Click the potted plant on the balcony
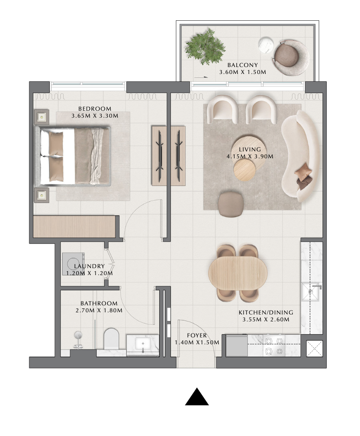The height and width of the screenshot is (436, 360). pyautogui.click(x=206, y=47)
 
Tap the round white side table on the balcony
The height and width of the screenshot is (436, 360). pyautogui.click(x=266, y=45)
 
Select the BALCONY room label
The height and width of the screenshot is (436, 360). pyautogui.click(x=243, y=65)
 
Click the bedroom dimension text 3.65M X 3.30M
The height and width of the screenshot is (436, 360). pyautogui.click(x=95, y=115)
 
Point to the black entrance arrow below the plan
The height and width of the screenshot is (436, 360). pyautogui.click(x=197, y=397)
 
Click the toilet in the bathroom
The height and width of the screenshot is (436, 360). pyautogui.click(x=111, y=339)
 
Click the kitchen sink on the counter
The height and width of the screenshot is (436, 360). pyautogui.click(x=311, y=292)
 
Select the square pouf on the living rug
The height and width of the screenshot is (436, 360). pyautogui.click(x=231, y=204)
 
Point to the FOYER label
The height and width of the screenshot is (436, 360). pyautogui.click(x=197, y=336)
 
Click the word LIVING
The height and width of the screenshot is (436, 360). pyautogui.click(x=250, y=150)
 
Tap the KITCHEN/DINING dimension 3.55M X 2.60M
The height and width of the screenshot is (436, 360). pyautogui.click(x=266, y=320)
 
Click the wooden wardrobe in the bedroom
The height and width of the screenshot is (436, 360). pyautogui.click(x=74, y=227)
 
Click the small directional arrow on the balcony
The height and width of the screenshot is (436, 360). pyautogui.click(x=201, y=77)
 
